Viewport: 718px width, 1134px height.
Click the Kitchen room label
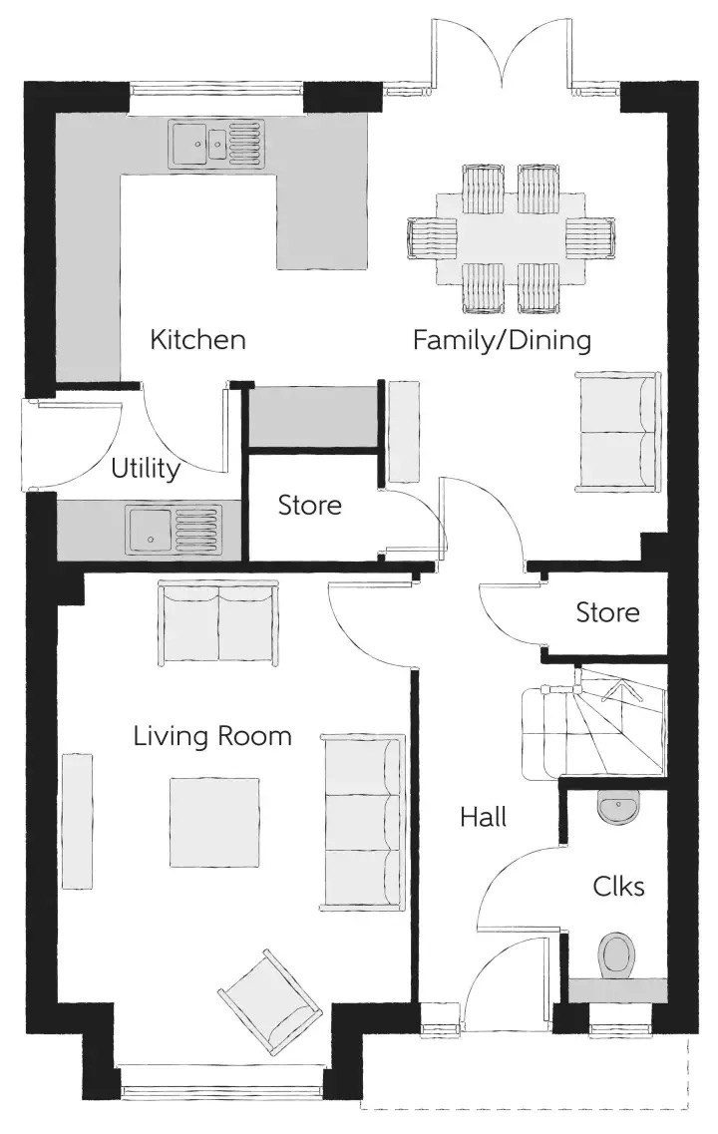(197, 339)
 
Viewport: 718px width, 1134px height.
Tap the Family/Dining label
(502, 339)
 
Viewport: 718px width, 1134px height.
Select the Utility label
(146, 469)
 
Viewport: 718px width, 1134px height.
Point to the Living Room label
(212, 736)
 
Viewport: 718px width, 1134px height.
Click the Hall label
(483, 817)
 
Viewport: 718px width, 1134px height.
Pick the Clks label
(618, 886)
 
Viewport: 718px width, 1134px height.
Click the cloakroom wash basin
(618, 807)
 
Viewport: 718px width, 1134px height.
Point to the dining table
(511, 239)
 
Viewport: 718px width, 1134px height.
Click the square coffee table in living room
(214, 822)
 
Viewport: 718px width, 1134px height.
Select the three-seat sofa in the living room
(363, 822)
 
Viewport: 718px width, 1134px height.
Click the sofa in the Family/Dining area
(618, 432)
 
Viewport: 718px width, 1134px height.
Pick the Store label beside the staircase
(607, 612)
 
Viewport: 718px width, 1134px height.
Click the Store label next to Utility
(309, 505)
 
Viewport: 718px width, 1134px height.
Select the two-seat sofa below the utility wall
(217, 625)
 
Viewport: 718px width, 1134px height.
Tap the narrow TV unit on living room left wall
(78, 821)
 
